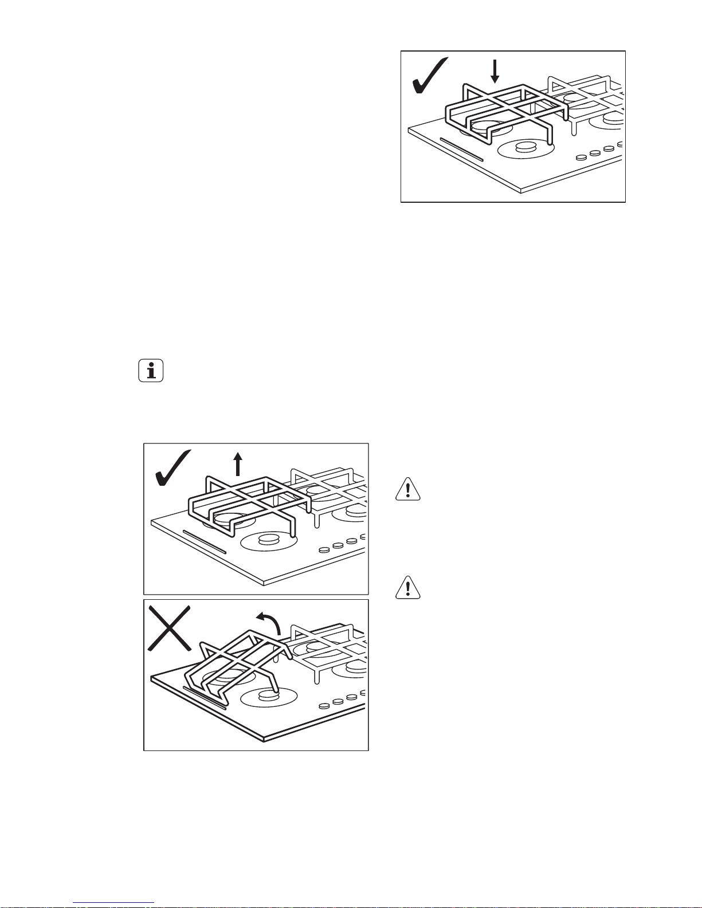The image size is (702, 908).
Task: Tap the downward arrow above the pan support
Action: click(x=496, y=72)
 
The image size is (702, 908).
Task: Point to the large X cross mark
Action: click(x=170, y=629)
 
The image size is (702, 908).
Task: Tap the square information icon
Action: click(x=151, y=371)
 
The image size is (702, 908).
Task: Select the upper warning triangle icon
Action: click(x=408, y=490)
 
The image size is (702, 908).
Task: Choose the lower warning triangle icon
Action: click(x=408, y=588)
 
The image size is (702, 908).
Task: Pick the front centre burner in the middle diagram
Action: click(x=268, y=540)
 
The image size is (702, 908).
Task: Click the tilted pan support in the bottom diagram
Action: click(x=241, y=659)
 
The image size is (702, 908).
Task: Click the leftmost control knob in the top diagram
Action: click(x=581, y=157)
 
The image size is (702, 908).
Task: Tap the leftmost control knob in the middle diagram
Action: click(x=324, y=549)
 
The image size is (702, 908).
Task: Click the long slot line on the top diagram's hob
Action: click(x=462, y=150)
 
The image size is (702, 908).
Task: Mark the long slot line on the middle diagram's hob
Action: click(x=205, y=542)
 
